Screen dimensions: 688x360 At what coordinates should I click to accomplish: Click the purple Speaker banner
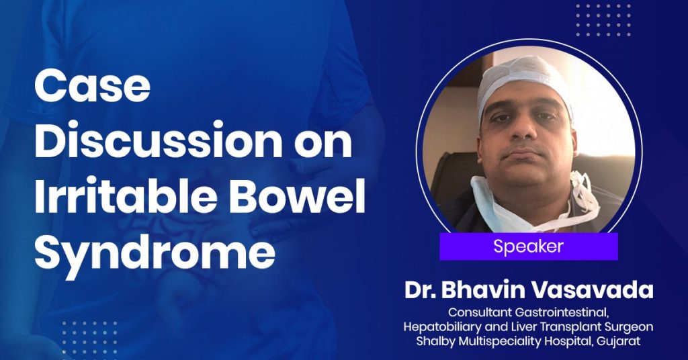pyautogui.click(x=529, y=246)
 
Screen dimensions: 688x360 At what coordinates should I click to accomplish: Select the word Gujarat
pyautogui.click(x=621, y=341)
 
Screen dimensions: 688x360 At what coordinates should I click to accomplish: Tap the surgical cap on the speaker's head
pyautogui.click(x=524, y=81)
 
